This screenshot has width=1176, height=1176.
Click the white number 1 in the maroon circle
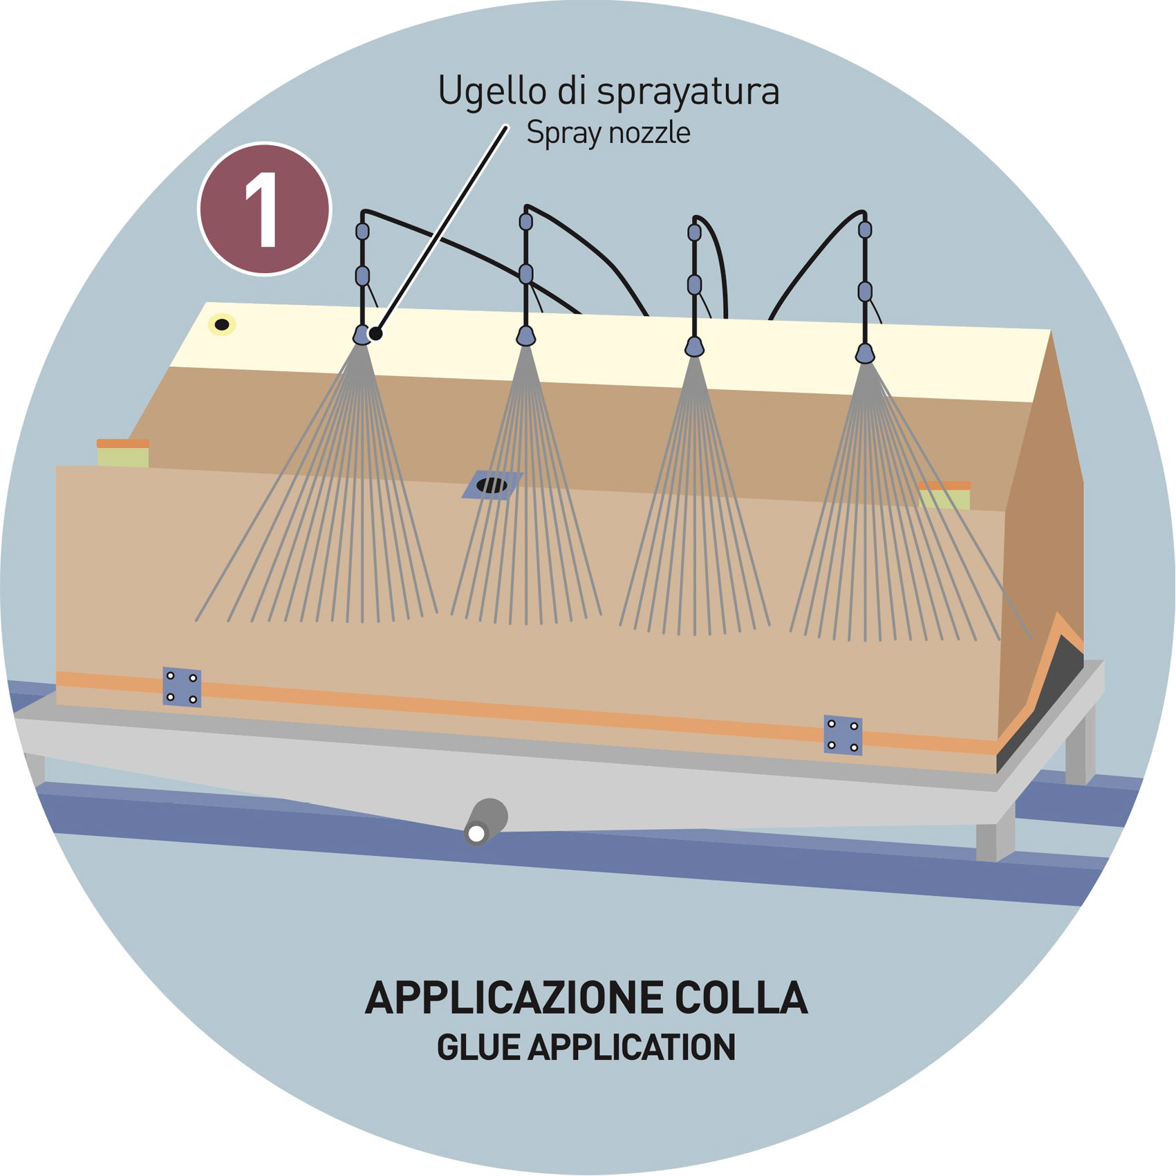[x=262, y=209]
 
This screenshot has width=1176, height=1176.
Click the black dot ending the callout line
[x=376, y=334]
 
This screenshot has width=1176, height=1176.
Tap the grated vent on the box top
[x=492, y=485]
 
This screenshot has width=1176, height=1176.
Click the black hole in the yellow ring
[x=222, y=324]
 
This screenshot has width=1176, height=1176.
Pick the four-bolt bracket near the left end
[x=182, y=687]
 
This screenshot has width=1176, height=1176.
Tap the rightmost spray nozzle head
[x=865, y=354]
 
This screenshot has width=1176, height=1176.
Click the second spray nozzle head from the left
[x=526, y=337]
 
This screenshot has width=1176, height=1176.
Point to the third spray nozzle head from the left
[x=694, y=346]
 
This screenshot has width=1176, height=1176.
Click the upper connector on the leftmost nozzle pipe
[x=362, y=231]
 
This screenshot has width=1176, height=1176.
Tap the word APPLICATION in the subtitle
[x=631, y=1047]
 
